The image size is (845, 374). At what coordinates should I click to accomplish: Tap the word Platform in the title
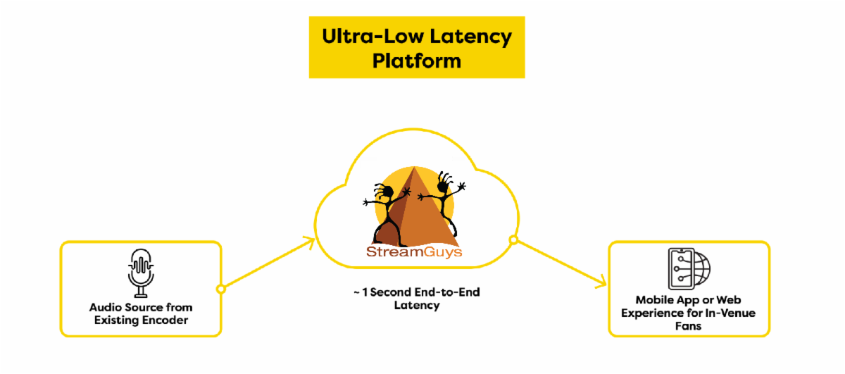[x=417, y=61]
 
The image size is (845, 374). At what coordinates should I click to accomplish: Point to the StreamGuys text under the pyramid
[x=414, y=252]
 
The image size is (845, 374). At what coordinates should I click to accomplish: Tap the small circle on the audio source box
[x=220, y=289]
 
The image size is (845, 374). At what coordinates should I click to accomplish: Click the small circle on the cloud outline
[x=513, y=241]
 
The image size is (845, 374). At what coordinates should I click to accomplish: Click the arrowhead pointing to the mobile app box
[x=601, y=284]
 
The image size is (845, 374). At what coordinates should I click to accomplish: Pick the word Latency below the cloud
[x=417, y=305]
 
